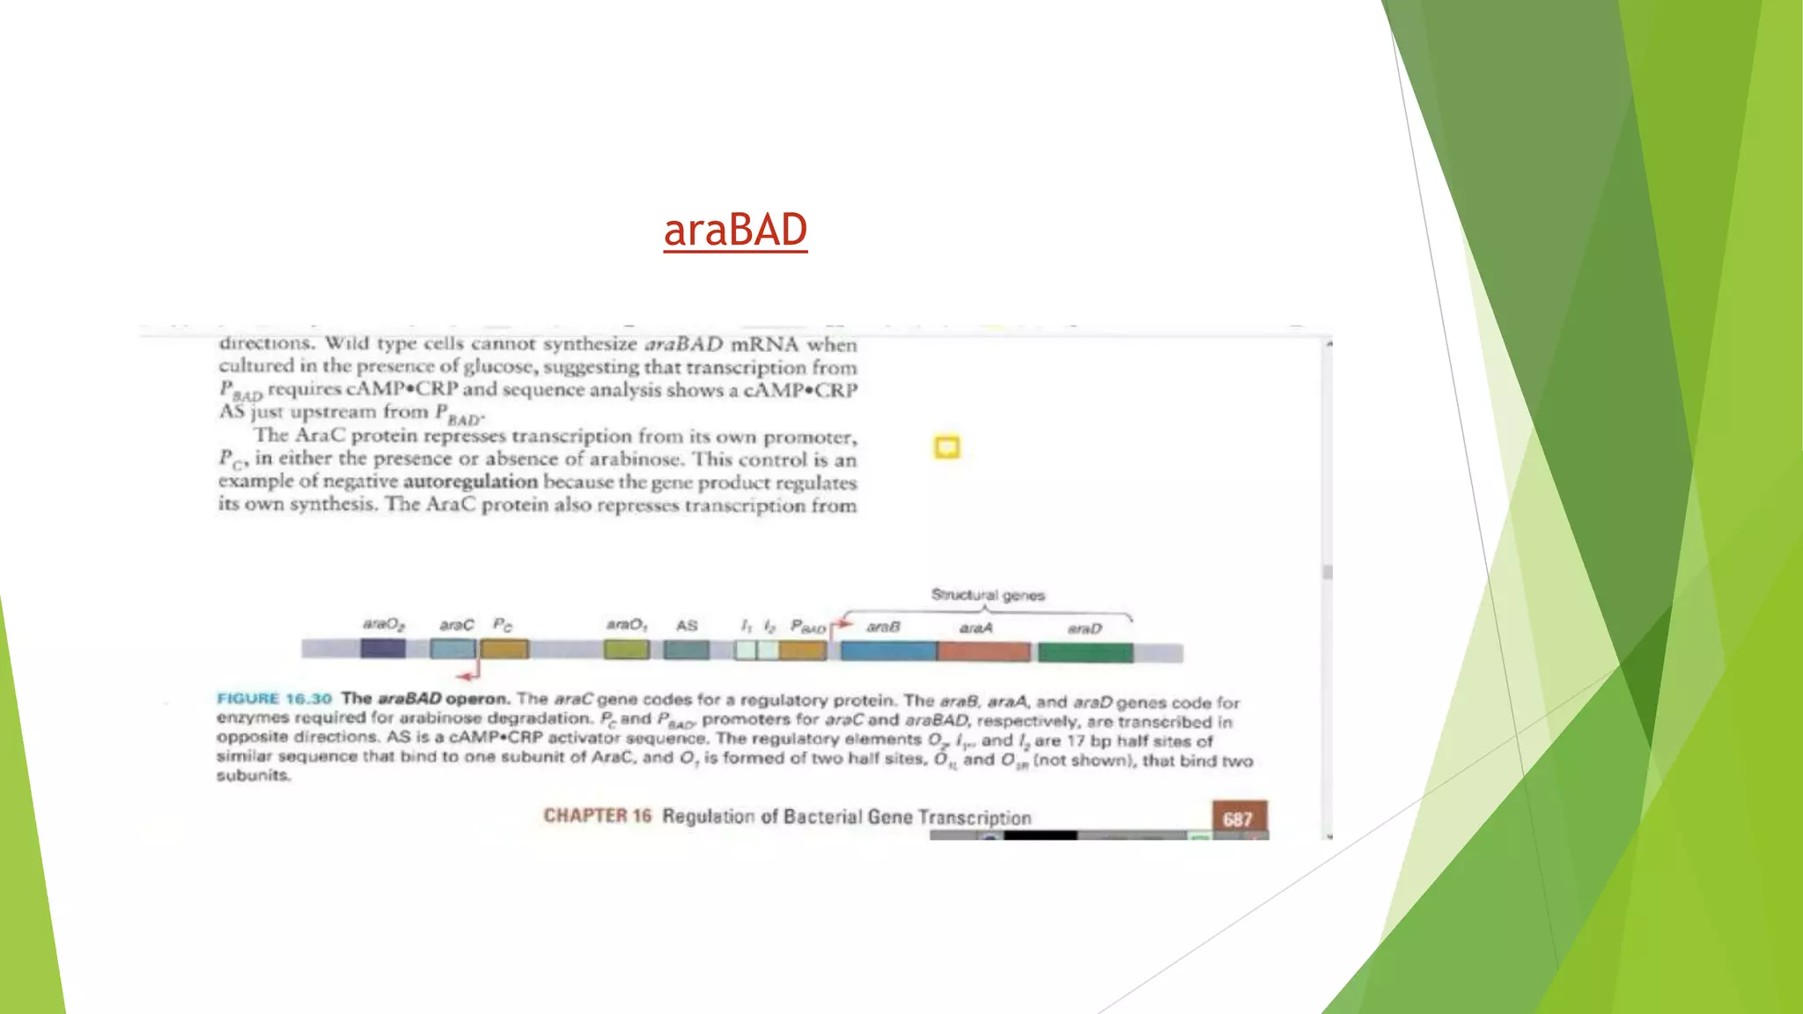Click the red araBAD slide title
click(x=735, y=231)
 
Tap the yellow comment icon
click(x=946, y=448)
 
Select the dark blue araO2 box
click(x=383, y=650)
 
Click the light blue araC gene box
click(x=453, y=650)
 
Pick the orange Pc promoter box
click(x=504, y=650)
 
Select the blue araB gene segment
click(x=888, y=651)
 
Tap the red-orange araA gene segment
click(x=983, y=651)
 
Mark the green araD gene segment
click(x=1085, y=652)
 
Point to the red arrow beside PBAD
click(x=841, y=624)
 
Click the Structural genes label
click(x=988, y=595)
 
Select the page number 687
click(x=1239, y=819)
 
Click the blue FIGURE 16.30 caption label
click(x=274, y=699)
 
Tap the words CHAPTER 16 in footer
click(x=597, y=816)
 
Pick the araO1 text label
click(x=627, y=625)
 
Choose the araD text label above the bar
click(x=1085, y=628)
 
